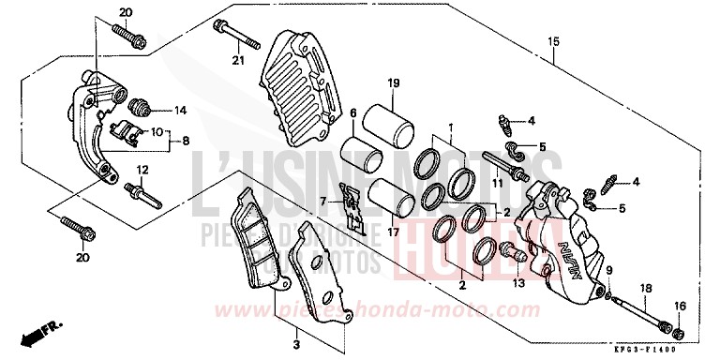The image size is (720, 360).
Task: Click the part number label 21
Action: click(x=237, y=63)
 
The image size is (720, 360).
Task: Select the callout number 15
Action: click(x=554, y=41)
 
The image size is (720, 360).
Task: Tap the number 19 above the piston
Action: click(x=394, y=83)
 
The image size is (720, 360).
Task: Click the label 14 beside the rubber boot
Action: click(x=181, y=108)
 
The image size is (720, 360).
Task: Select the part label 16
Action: click(x=679, y=305)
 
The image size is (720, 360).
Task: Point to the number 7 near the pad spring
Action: click(x=322, y=202)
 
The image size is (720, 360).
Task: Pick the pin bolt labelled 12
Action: click(x=143, y=195)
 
